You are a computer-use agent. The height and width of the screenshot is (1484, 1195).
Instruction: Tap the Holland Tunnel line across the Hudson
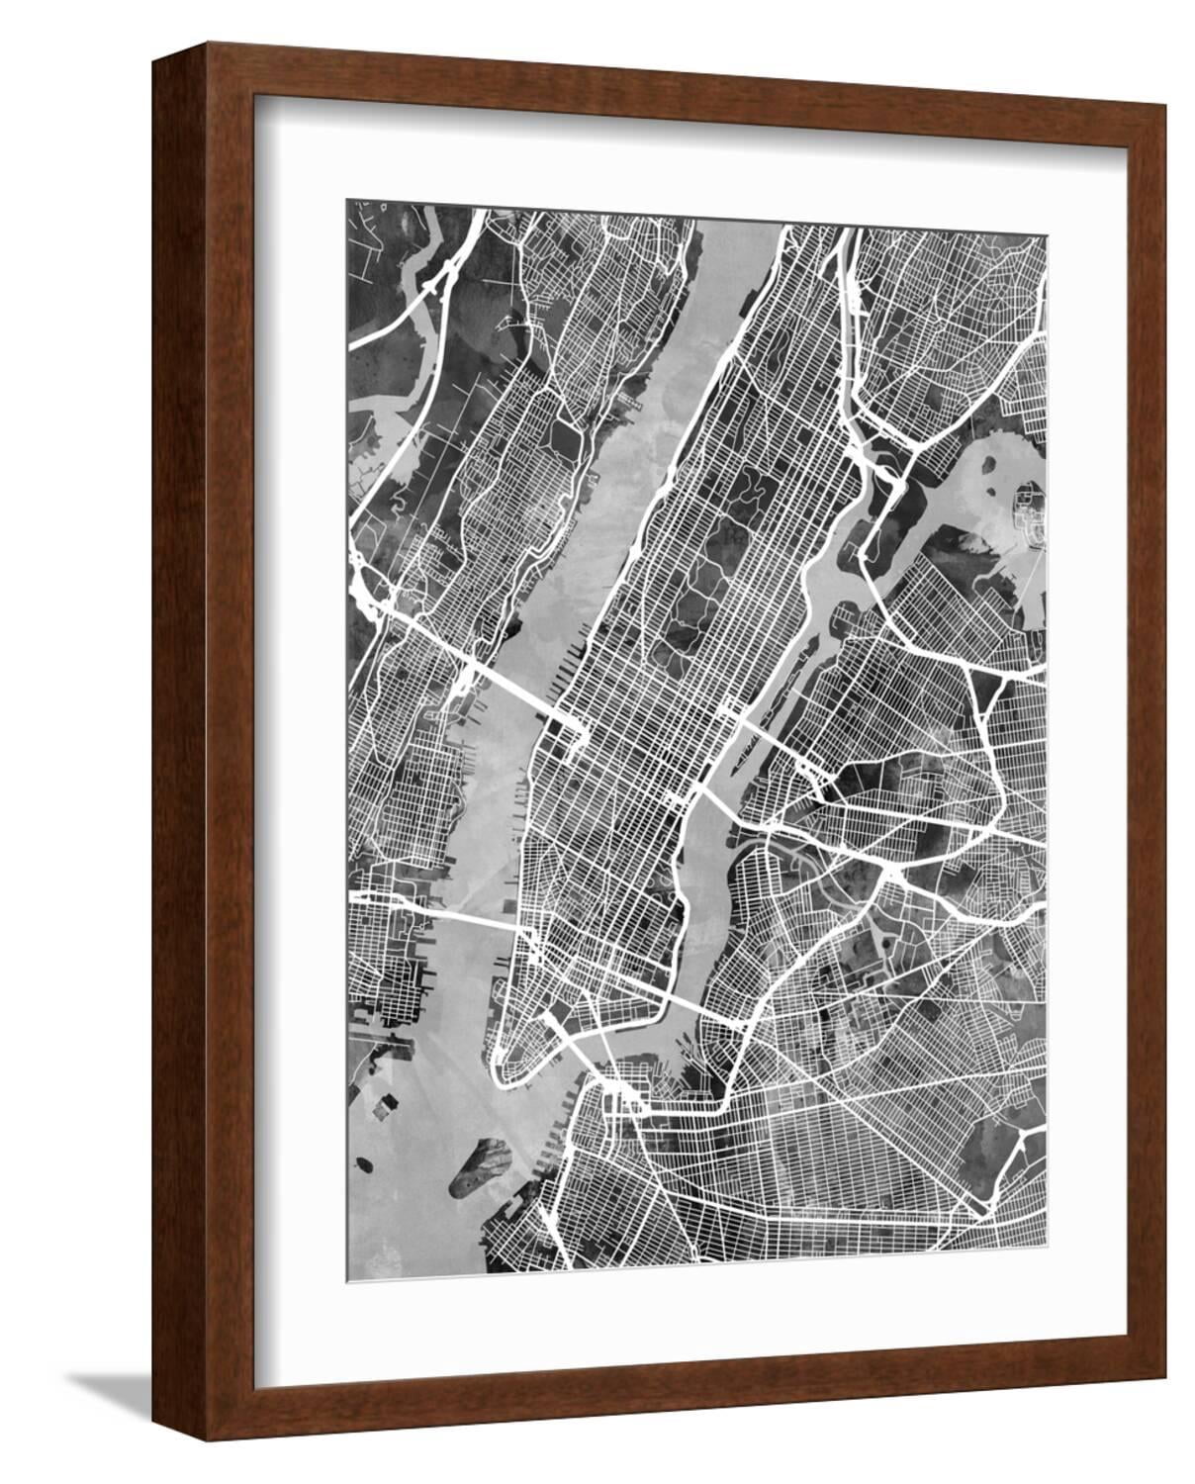coord(465,914)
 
